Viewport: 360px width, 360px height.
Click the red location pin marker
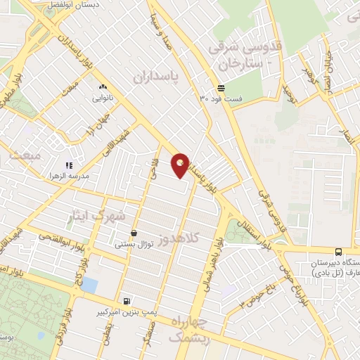click(181, 165)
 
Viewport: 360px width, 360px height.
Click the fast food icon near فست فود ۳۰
click(221, 88)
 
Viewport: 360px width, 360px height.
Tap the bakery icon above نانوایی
click(103, 87)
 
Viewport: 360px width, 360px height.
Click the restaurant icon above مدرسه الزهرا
click(70, 165)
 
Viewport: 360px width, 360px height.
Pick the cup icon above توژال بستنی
click(134, 233)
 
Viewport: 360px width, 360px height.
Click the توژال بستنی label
click(133, 245)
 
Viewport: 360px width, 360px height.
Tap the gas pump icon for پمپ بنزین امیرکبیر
click(127, 301)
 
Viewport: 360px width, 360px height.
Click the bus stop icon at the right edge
click(339, 252)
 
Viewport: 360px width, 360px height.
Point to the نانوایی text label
click(103, 98)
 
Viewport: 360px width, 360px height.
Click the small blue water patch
click(89, 285)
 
